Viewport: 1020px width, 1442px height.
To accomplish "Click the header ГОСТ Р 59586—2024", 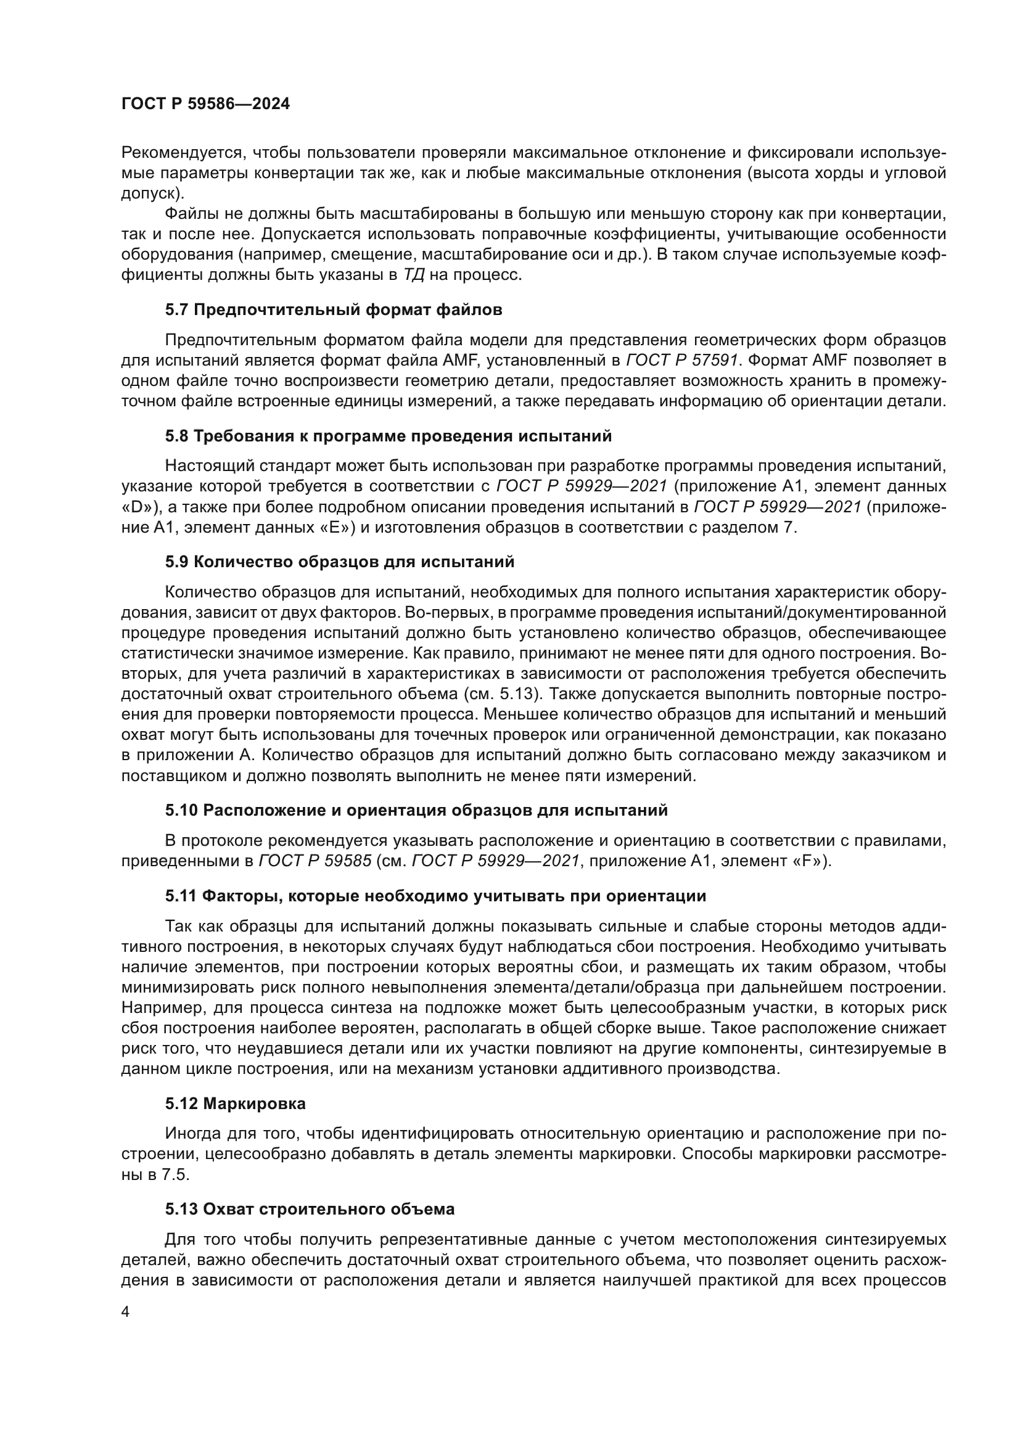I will tap(205, 104).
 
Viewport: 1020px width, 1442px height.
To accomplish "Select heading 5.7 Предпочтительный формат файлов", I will tap(334, 309).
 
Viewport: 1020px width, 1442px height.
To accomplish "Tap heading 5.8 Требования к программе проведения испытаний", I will tap(388, 436).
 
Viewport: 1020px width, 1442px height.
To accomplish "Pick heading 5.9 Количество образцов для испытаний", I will tap(340, 562).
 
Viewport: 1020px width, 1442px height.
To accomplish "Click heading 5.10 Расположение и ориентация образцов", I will tap(416, 810).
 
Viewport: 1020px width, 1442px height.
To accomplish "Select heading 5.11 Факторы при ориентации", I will tap(435, 896).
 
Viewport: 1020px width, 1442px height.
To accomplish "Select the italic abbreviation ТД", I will tap(413, 275).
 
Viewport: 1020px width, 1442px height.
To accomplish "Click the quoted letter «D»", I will tap(140, 507).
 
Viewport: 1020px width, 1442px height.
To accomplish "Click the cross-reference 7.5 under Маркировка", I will tap(175, 1174).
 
